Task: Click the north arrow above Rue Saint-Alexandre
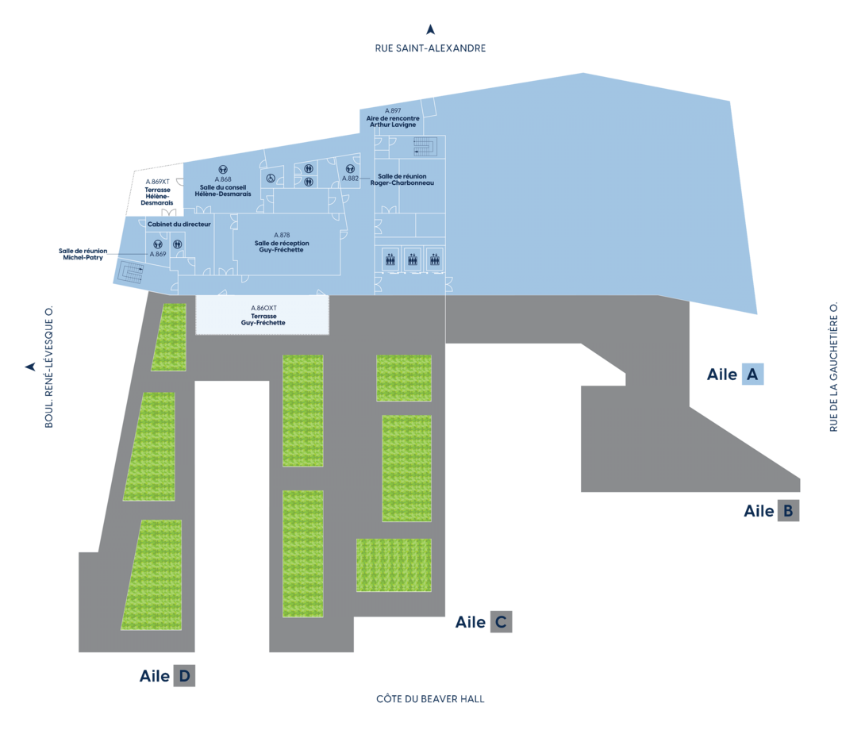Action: pyautogui.click(x=430, y=29)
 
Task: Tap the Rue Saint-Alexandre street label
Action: pyautogui.click(x=430, y=48)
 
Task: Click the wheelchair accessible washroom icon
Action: pyautogui.click(x=271, y=179)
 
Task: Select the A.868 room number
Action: pyautogui.click(x=223, y=179)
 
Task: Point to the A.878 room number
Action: pyautogui.click(x=282, y=235)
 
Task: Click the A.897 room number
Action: pyautogui.click(x=393, y=111)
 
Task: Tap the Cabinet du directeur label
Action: pyautogui.click(x=179, y=224)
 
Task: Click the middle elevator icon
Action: pyautogui.click(x=413, y=259)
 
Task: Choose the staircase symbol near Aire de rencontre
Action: pyautogui.click(x=425, y=146)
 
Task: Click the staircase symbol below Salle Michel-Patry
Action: pyautogui.click(x=131, y=271)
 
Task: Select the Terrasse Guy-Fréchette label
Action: pyautogui.click(x=263, y=320)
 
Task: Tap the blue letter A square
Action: pyautogui.click(x=752, y=374)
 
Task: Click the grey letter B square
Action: pyautogui.click(x=788, y=510)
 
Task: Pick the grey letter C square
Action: pyautogui.click(x=501, y=622)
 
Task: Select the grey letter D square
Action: pyautogui.click(x=184, y=676)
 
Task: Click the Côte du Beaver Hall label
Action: pyautogui.click(x=430, y=699)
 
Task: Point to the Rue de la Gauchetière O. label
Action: pyautogui.click(x=833, y=367)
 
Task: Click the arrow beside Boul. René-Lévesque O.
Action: pyautogui.click(x=31, y=367)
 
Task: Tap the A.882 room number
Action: pyautogui.click(x=350, y=179)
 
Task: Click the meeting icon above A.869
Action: pyautogui.click(x=158, y=244)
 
